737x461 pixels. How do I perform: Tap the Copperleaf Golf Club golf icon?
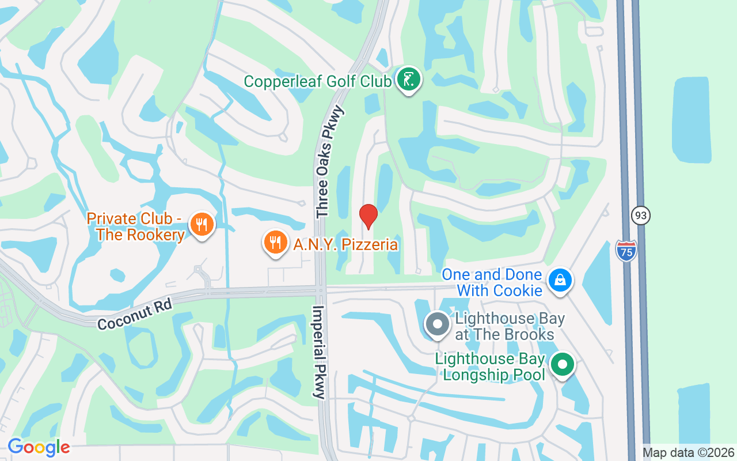(x=408, y=80)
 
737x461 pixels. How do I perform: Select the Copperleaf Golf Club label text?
(x=317, y=81)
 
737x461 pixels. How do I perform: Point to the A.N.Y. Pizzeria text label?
(x=345, y=244)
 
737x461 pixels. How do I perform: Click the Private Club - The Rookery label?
(x=136, y=227)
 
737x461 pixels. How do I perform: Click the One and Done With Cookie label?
(x=492, y=282)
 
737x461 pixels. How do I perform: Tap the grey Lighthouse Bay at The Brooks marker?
(x=437, y=324)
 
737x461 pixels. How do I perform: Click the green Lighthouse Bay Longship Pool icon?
(x=562, y=365)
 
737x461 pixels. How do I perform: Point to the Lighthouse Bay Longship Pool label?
(x=490, y=366)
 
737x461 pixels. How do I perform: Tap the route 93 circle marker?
(x=640, y=216)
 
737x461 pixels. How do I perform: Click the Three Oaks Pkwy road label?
(x=329, y=162)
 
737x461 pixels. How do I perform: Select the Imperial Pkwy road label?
(x=318, y=352)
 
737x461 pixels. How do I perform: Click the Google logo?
(x=39, y=447)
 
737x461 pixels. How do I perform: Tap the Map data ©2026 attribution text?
(x=689, y=452)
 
